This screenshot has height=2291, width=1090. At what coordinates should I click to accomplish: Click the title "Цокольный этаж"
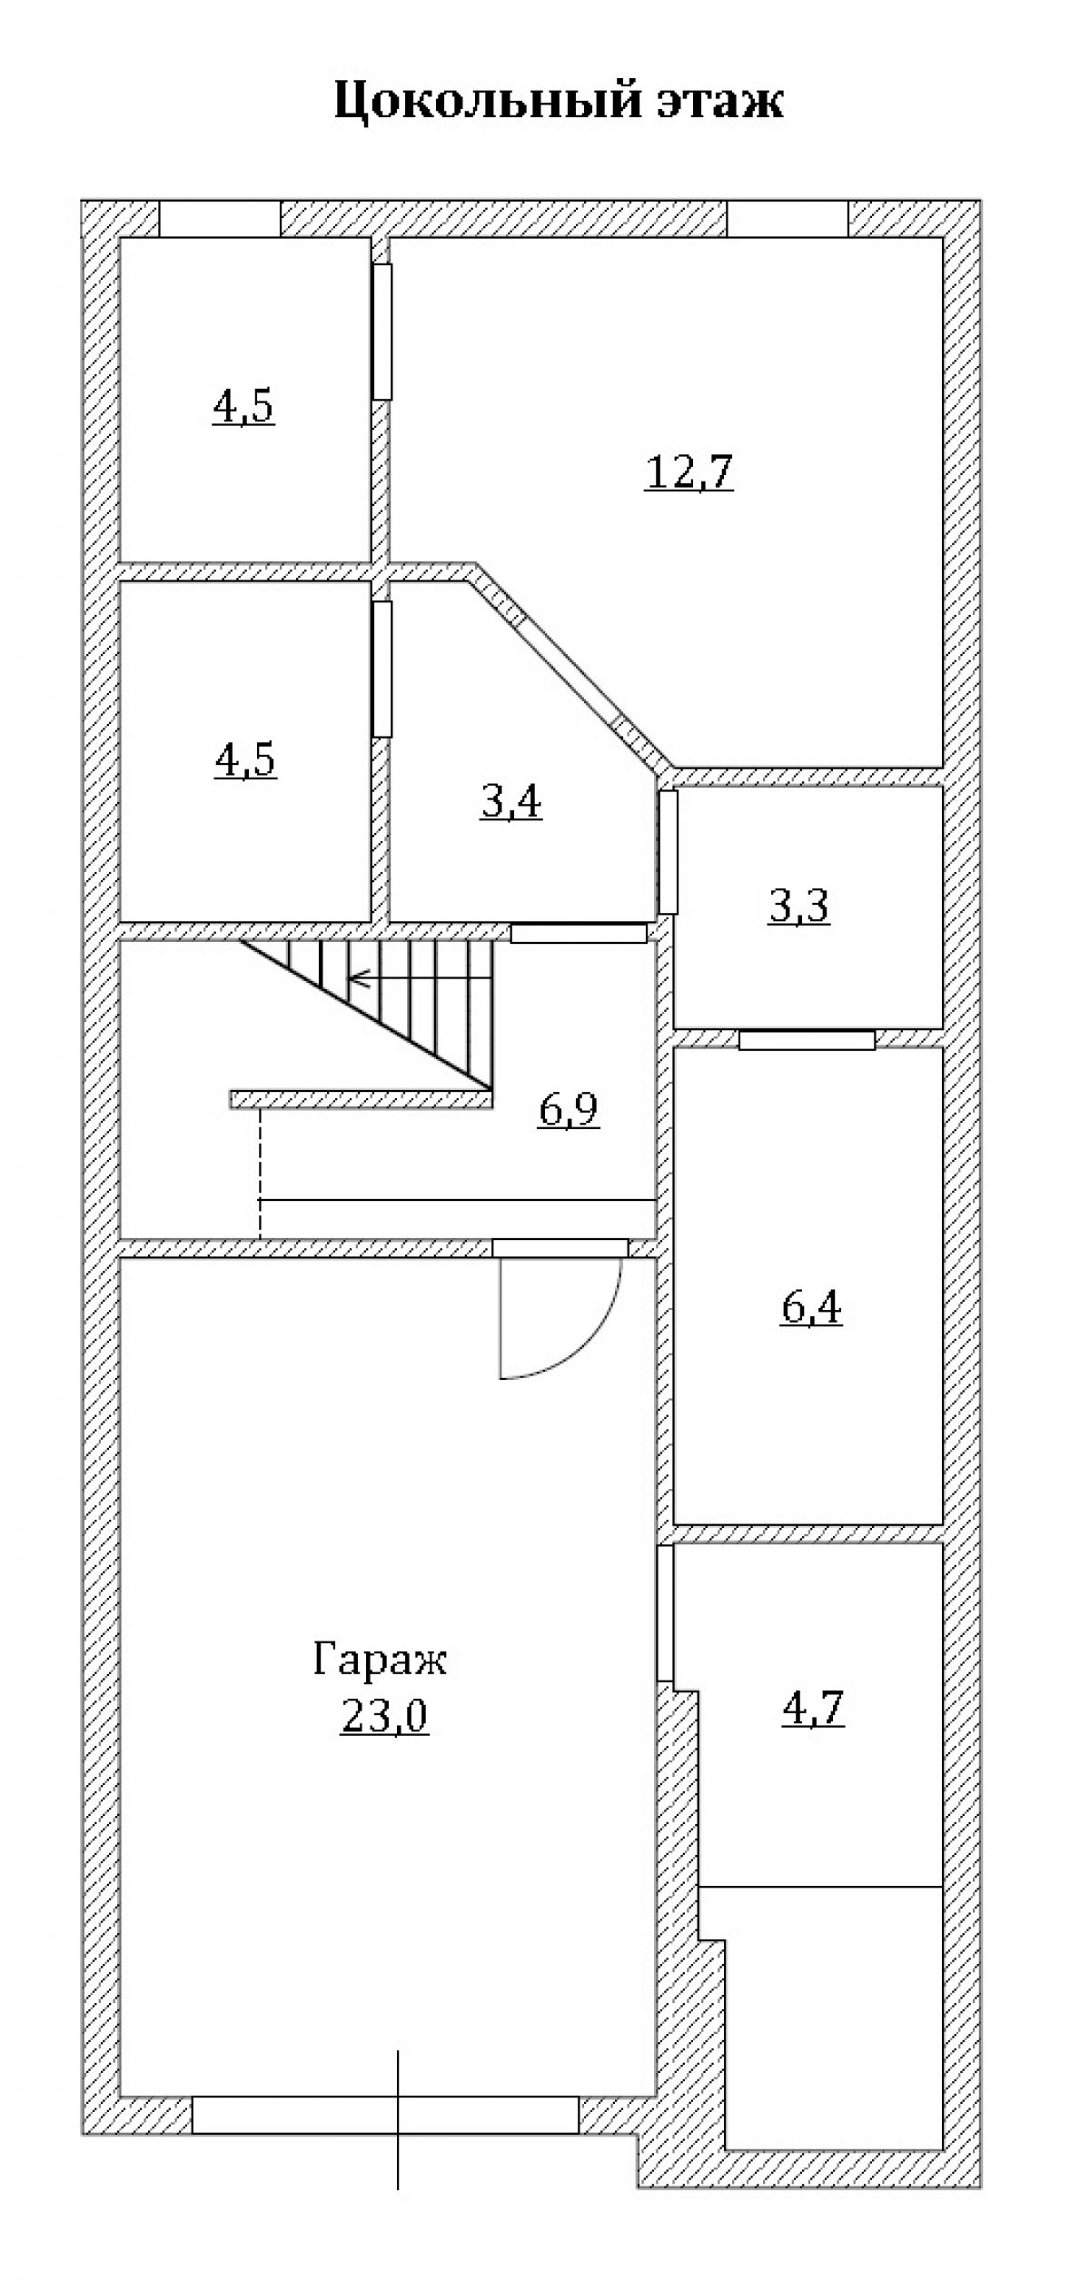(558, 101)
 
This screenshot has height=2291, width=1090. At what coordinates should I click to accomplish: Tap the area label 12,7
(689, 471)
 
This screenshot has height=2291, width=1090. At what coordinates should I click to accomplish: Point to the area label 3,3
(798, 906)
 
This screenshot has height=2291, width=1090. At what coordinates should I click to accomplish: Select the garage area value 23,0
(384, 1716)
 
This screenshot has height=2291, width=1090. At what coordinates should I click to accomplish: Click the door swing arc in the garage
(581, 1340)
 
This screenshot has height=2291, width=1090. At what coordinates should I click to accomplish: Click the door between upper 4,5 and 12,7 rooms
(382, 332)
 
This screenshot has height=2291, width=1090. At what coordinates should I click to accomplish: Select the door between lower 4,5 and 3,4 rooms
(382, 669)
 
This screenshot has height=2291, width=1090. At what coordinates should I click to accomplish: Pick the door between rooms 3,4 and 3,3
(668, 851)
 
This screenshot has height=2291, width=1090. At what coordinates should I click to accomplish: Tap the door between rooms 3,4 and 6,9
(579, 933)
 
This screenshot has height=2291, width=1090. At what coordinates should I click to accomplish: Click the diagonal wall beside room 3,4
(572, 668)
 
